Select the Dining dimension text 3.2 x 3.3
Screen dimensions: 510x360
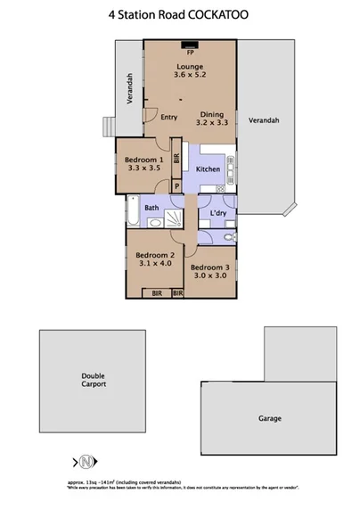click(212, 125)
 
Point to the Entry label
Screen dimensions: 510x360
click(170, 117)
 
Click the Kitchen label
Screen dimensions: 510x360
click(208, 169)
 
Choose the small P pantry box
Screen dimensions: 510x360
click(176, 186)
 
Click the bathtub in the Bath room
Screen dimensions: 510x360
click(133, 212)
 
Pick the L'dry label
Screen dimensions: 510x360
click(217, 214)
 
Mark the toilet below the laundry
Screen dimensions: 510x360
click(229, 237)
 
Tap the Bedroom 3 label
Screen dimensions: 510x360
click(210, 267)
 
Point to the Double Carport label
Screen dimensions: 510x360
click(94, 381)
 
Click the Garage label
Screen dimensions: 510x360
click(270, 418)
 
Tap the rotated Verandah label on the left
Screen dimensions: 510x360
click(130, 89)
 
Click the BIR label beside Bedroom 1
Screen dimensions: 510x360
click(176, 160)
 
